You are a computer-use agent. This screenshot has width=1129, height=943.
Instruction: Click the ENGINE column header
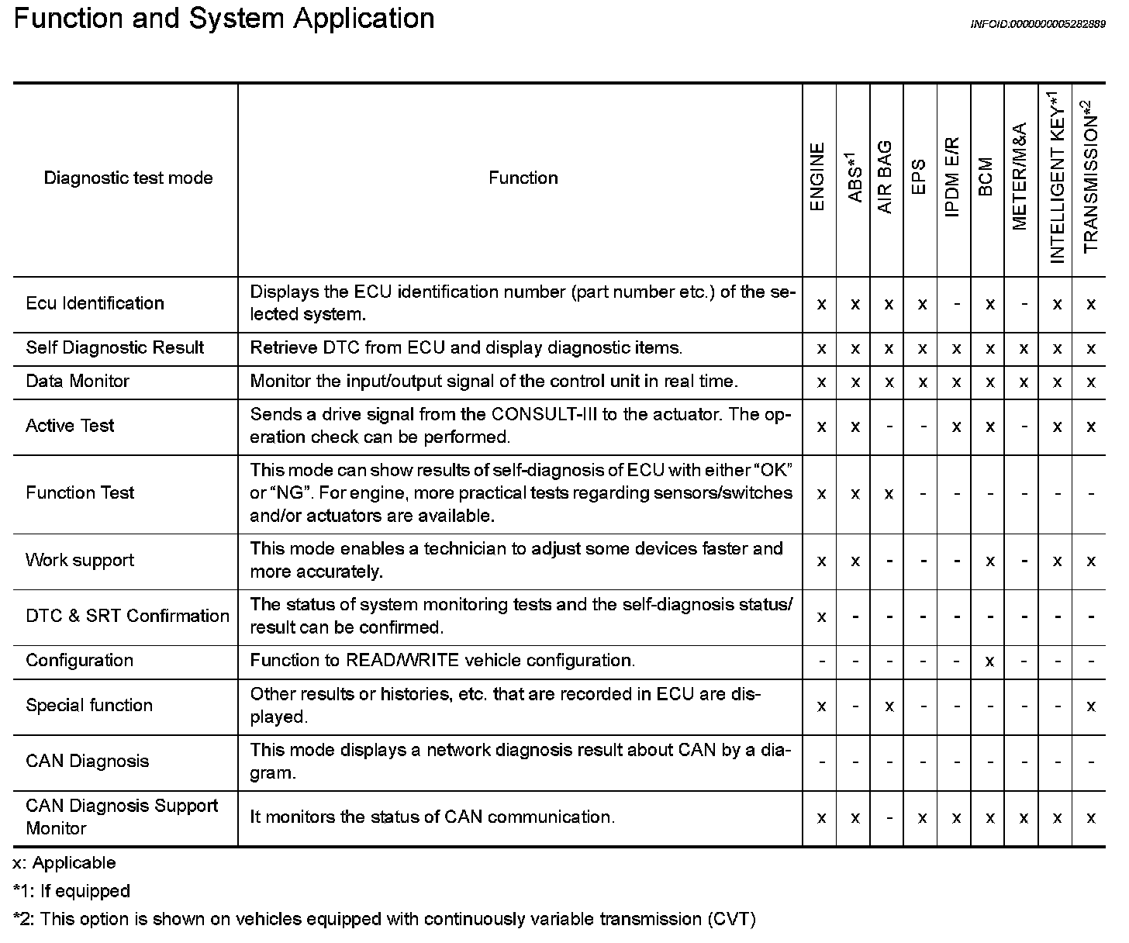[818, 178]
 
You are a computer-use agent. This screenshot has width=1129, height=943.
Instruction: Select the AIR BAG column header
[886, 178]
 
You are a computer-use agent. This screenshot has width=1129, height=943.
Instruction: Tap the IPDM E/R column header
[953, 178]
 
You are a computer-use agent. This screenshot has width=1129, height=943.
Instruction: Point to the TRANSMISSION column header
[1090, 178]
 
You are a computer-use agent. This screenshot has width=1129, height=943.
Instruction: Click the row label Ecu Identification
[95, 303]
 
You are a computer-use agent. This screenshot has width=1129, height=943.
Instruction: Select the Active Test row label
[70, 426]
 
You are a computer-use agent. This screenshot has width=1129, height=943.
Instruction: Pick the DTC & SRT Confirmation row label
[127, 616]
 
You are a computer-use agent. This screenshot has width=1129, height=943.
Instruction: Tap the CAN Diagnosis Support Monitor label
[122, 817]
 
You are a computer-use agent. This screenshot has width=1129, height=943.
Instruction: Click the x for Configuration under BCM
[989, 661]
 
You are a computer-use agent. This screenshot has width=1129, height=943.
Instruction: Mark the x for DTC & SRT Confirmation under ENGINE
[821, 617]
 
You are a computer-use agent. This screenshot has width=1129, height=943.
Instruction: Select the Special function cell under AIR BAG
[889, 706]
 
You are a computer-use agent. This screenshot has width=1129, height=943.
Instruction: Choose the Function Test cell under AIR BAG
[889, 494]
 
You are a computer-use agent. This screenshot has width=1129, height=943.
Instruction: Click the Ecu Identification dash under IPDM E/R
[956, 304]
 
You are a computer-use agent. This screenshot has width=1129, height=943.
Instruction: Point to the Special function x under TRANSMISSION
[1090, 706]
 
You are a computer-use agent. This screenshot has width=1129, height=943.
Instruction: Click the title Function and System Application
[224, 19]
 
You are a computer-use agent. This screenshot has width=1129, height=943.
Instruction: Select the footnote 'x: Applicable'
[64, 863]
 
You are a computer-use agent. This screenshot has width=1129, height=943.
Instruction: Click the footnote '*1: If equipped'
[71, 891]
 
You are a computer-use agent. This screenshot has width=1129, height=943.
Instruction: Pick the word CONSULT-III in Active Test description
[544, 414]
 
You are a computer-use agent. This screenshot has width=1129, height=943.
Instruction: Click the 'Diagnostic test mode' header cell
[128, 178]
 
